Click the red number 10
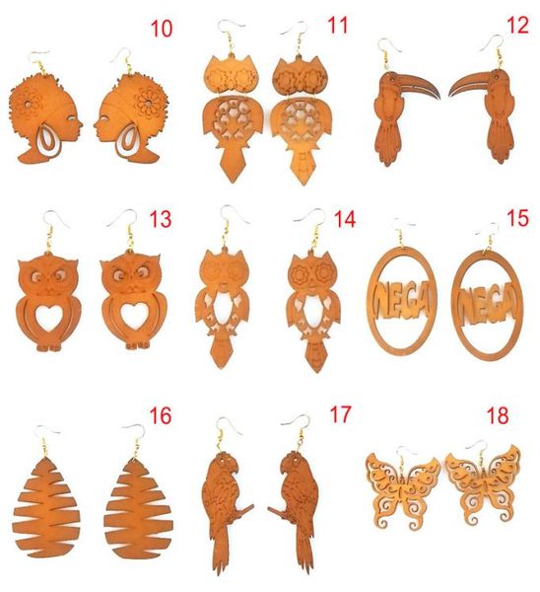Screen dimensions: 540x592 162,29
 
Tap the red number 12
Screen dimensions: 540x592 517,26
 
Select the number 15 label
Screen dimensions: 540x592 517,219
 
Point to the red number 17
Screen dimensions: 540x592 340,414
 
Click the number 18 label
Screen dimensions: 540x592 498,415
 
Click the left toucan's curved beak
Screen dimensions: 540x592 418,84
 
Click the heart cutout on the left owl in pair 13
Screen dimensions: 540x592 47,317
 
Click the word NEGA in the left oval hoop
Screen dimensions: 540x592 401,301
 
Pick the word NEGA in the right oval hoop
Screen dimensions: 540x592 487,303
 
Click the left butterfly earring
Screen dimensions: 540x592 403,488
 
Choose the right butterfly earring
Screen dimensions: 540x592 484,484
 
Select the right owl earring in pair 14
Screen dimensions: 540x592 313,310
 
